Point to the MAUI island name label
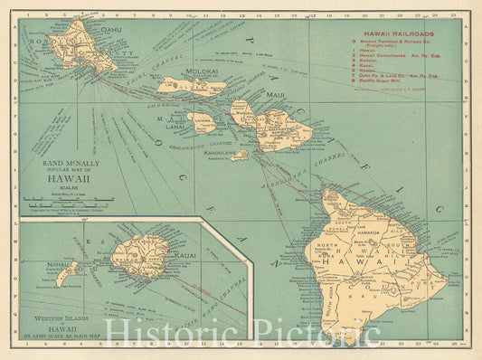pyautogui.click(x=275, y=95)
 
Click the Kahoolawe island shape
pyautogui.click(x=238, y=155)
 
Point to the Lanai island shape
pyautogui.click(x=202, y=121)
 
